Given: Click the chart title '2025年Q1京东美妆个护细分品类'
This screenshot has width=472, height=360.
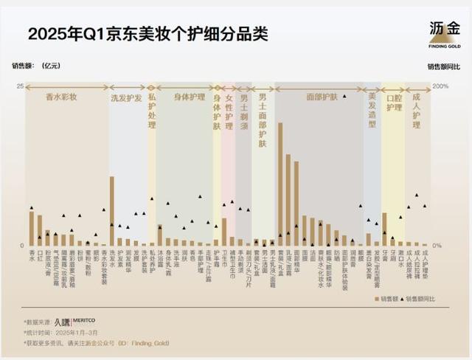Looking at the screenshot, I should (x=147, y=34).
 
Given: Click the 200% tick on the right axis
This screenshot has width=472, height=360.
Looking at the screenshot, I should (x=441, y=87).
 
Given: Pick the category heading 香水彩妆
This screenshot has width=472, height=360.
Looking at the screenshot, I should (x=62, y=97).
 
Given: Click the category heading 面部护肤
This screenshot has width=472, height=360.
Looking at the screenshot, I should (x=321, y=97).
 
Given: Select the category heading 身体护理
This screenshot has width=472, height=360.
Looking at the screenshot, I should (x=188, y=97).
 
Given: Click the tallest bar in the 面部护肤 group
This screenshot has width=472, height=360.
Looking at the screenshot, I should (x=280, y=184).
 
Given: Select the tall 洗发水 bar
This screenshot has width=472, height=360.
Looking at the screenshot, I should (x=112, y=211).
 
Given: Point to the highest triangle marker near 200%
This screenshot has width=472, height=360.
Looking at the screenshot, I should (x=344, y=97).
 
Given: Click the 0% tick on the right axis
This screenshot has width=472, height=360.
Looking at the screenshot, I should (x=437, y=246).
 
